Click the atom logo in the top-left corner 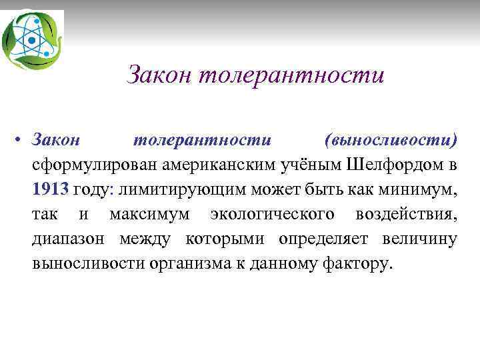(x=31, y=39)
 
